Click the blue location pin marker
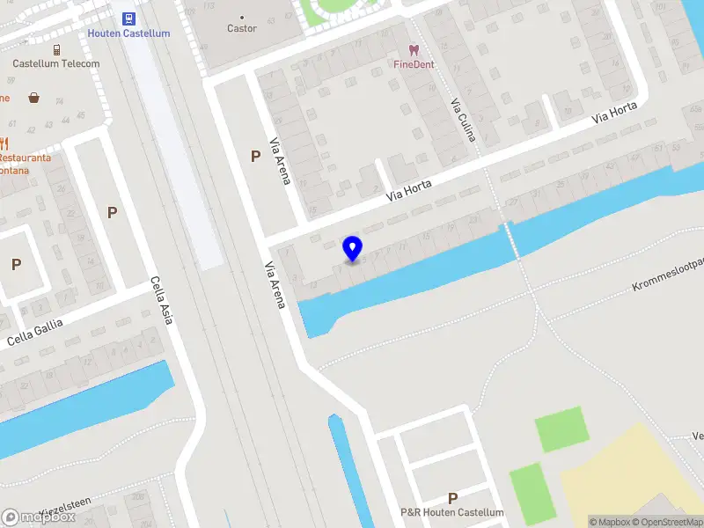pyautogui.click(x=353, y=249)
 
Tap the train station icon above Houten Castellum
pyautogui.click(x=128, y=18)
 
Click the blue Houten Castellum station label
pyautogui.click(x=128, y=33)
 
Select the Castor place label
pyautogui.click(x=242, y=28)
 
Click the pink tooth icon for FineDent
pyautogui.click(x=414, y=50)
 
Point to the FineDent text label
pyautogui.click(x=414, y=64)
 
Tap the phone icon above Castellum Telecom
pyautogui.click(x=56, y=50)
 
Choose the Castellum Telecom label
pyautogui.click(x=56, y=63)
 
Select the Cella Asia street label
pyautogui.click(x=161, y=300)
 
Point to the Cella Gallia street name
pyautogui.click(x=35, y=334)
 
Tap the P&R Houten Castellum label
pyautogui.click(x=452, y=512)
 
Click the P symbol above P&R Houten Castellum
pyautogui.click(x=452, y=498)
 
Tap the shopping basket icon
pyautogui.click(x=33, y=98)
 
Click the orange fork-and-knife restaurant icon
pyautogui.click(x=4, y=143)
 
